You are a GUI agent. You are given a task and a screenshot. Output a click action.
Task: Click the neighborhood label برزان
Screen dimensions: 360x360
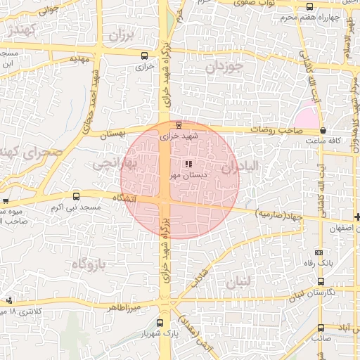tap(121, 34)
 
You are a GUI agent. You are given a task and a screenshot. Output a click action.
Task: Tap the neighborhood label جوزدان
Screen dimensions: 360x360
tap(224, 67)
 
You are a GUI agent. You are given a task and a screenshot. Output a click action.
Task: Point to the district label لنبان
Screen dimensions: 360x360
tap(238, 283)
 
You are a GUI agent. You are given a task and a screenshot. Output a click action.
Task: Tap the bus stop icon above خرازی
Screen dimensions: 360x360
tap(144, 56)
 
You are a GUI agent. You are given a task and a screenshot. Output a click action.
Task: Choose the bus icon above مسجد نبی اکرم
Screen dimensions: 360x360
tap(76, 197)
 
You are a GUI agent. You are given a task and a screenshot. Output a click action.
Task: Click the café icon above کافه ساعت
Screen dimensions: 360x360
tap(323, 131)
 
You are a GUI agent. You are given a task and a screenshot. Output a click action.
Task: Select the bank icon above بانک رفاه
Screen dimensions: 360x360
tap(319, 252)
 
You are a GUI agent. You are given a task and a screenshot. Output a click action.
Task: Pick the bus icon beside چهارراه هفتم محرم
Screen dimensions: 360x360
tap(311, 6)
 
